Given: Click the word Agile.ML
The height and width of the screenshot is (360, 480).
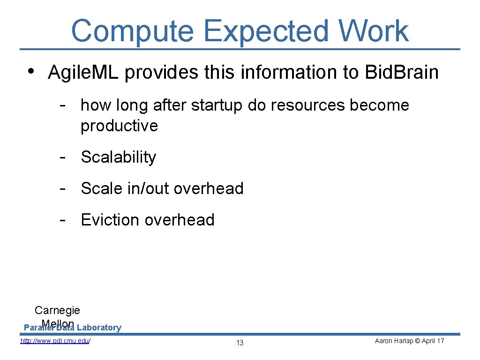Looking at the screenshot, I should coord(84,73).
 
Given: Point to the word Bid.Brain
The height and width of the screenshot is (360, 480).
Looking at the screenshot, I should coord(402,73).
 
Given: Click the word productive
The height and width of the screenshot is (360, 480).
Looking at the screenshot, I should coord(119,126).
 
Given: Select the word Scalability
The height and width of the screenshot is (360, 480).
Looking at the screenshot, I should coord(118,157).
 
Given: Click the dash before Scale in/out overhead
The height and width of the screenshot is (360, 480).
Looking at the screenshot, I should coord(62,188).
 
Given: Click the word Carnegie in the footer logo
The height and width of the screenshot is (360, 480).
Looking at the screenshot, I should coord(57,310).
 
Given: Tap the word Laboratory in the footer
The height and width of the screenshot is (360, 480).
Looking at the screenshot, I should coord(99,328).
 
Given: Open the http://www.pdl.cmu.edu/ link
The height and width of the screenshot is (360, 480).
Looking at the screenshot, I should coord(55,341).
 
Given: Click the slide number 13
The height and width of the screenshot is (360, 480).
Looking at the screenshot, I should coord(240,343).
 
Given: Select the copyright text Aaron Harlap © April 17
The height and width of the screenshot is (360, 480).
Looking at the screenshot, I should coord(409,341).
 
